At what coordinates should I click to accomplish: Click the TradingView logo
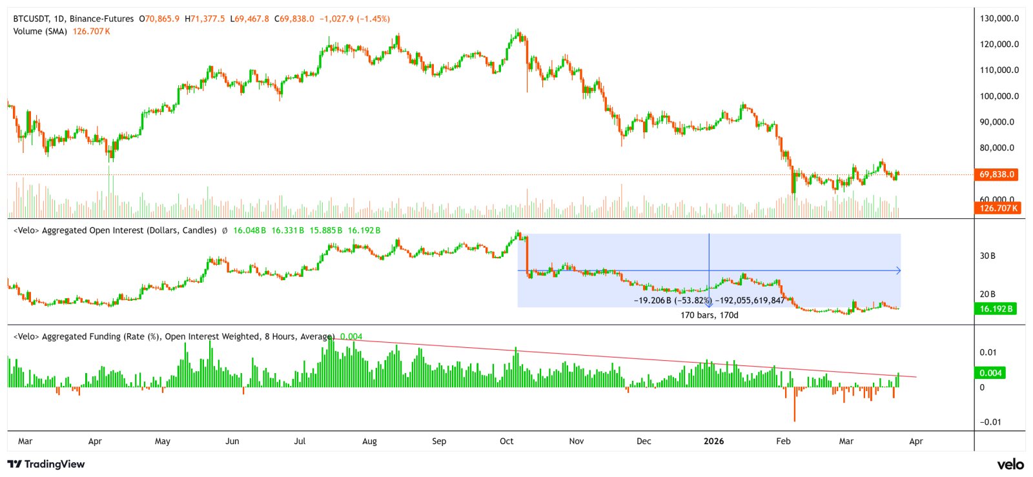tap(46, 464)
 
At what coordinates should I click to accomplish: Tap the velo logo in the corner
tap(1010, 464)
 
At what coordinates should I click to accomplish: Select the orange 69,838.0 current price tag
tap(997, 174)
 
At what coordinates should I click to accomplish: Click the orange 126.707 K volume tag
tap(997, 208)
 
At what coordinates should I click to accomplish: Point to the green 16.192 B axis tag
tap(996, 309)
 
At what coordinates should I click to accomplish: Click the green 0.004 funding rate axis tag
tap(990, 372)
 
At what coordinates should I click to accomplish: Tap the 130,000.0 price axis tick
tap(999, 18)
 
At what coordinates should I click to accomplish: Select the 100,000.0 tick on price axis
tap(999, 96)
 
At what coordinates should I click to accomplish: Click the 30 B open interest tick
tap(988, 256)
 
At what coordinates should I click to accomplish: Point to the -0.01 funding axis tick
tap(990, 422)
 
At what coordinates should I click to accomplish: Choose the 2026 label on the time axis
tap(713, 441)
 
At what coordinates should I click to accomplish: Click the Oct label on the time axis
tap(507, 441)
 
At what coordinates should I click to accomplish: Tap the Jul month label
tap(300, 441)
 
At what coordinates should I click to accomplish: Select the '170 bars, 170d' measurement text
tap(709, 315)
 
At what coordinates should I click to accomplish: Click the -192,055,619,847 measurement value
tap(750, 300)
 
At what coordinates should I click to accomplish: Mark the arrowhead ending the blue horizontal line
tap(898, 271)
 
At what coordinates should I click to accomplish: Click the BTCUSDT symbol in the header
tap(30, 19)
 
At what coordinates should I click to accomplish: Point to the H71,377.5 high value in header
tap(205, 19)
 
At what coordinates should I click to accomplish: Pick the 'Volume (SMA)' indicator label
tap(40, 31)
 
